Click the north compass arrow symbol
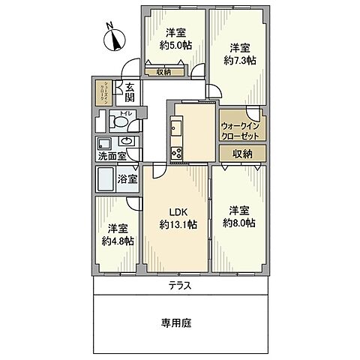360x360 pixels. tap(113, 37)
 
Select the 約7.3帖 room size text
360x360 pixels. tap(241, 60)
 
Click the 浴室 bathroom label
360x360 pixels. tap(128, 178)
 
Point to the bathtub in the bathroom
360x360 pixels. tap(106, 179)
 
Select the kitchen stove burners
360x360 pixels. tap(176, 154)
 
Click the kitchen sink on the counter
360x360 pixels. tap(176, 128)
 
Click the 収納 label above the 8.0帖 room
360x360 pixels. tap(241, 154)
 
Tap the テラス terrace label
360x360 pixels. tap(180, 286)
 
